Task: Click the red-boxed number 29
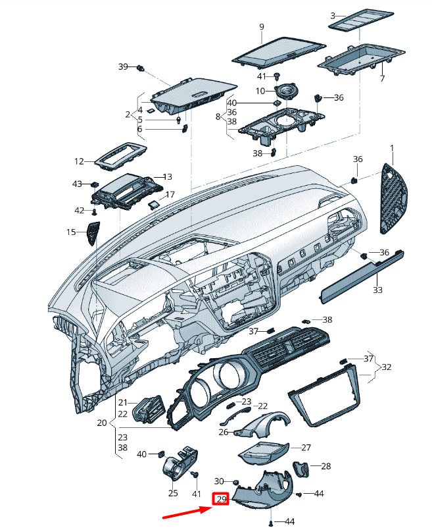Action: [x=221, y=499]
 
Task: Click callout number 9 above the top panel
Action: [x=262, y=26]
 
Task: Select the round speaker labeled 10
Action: [x=286, y=91]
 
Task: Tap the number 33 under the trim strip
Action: [x=377, y=290]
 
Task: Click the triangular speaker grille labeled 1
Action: [x=394, y=199]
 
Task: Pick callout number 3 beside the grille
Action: [x=333, y=16]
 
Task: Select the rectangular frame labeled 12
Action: [x=120, y=157]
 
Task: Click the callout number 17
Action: [x=170, y=195]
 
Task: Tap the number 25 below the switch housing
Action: [x=173, y=493]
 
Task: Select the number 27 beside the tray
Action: [x=306, y=448]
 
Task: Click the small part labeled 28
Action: [x=301, y=469]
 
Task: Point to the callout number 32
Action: [x=387, y=367]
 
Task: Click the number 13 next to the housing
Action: [x=167, y=176]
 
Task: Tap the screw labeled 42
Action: [x=95, y=212]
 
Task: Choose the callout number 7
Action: [x=382, y=78]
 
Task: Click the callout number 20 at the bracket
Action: [x=102, y=423]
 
